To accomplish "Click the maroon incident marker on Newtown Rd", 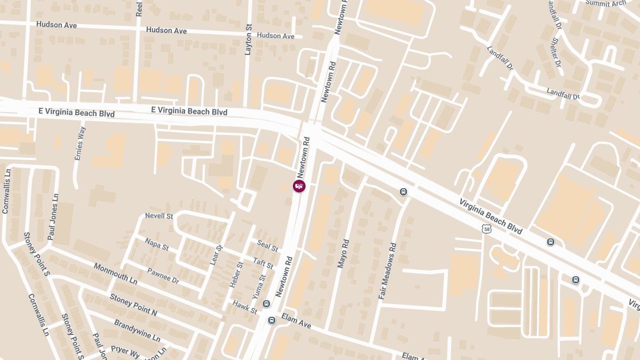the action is pos(299,186).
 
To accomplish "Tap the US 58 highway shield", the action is pos(486,229).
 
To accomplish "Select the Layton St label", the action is pos(248,39).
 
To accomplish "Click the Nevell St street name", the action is pos(159,216).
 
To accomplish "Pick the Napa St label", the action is pos(157,244).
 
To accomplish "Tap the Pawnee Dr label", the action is pos(163,275).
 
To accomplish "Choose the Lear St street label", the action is pos(216,255).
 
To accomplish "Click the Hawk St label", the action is pos(245,307).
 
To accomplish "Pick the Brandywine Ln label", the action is pos(137,331).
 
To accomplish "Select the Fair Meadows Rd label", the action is pos(388,271).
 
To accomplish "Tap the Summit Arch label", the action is pos(605,3).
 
